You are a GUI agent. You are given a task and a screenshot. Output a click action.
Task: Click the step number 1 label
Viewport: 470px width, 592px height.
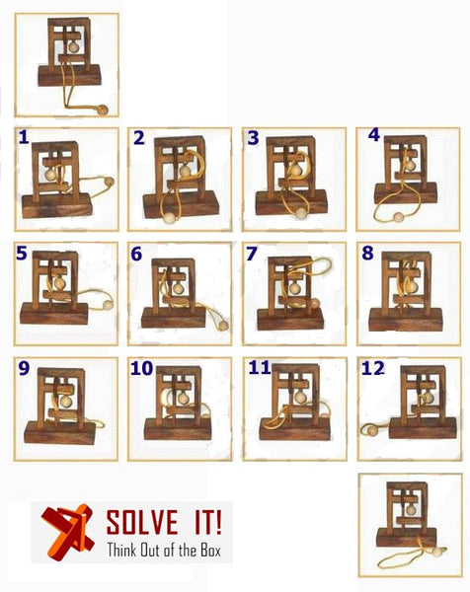(24, 139)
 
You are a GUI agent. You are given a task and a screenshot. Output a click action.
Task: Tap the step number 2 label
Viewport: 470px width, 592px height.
(139, 138)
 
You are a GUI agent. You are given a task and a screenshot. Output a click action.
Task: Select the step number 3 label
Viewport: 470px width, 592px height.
(253, 138)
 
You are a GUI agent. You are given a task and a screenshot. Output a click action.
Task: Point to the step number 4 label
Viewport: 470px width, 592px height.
(373, 133)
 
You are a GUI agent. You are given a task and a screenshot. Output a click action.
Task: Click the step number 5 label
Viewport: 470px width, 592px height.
(22, 254)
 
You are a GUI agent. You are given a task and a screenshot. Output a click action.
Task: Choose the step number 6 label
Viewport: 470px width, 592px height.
(136, 255)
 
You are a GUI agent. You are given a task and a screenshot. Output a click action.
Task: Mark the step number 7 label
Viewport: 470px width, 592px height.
(252, 255)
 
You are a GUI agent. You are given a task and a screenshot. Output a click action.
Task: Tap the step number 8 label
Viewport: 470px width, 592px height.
(367, 254)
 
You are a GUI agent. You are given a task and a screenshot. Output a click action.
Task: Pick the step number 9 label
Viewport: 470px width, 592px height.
(24, 370)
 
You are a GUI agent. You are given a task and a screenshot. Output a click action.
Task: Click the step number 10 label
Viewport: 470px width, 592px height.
(140, 369)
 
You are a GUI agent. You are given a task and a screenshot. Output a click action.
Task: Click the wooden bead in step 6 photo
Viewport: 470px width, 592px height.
(223, 324)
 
